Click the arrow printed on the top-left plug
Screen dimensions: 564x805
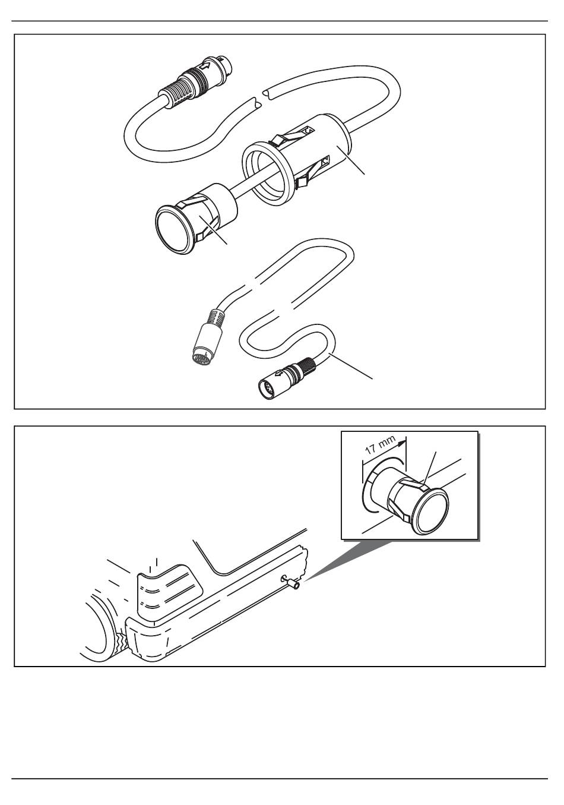coord(206,66)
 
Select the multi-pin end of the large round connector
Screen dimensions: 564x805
coord(203,358)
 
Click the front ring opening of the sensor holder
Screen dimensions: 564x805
coord(267,173)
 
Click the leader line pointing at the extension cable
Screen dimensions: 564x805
coord(351,366)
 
